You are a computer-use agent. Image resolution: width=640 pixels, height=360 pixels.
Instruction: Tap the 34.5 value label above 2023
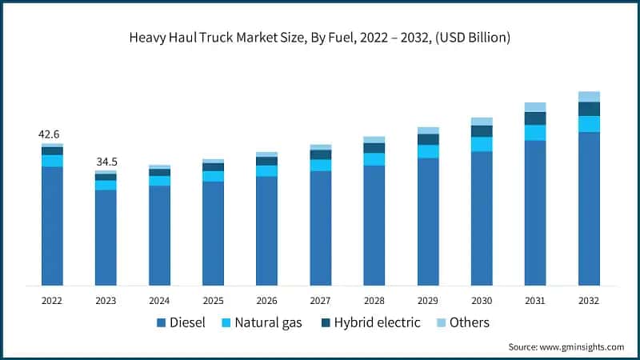click(x=106, y=162)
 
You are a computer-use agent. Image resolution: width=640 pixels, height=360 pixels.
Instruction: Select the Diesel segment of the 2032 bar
click(x=589, y=208)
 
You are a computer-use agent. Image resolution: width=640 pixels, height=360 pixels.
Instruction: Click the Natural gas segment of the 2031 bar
click(x=535, y=132)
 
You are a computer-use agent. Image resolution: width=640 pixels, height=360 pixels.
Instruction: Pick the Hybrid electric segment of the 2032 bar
click(x=589, y=109)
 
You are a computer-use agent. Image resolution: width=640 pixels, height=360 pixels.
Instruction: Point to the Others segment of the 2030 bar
click(x=482, y=122)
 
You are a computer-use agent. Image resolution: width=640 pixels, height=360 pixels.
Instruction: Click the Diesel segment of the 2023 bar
click(x=106, y=237)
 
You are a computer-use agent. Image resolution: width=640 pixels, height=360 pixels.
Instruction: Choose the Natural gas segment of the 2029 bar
click(x=428, y=151)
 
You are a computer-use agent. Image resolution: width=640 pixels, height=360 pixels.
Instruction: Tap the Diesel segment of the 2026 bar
click(x=266, y=230)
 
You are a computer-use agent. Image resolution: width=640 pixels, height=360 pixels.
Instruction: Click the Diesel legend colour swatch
click(x=162, y=322)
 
